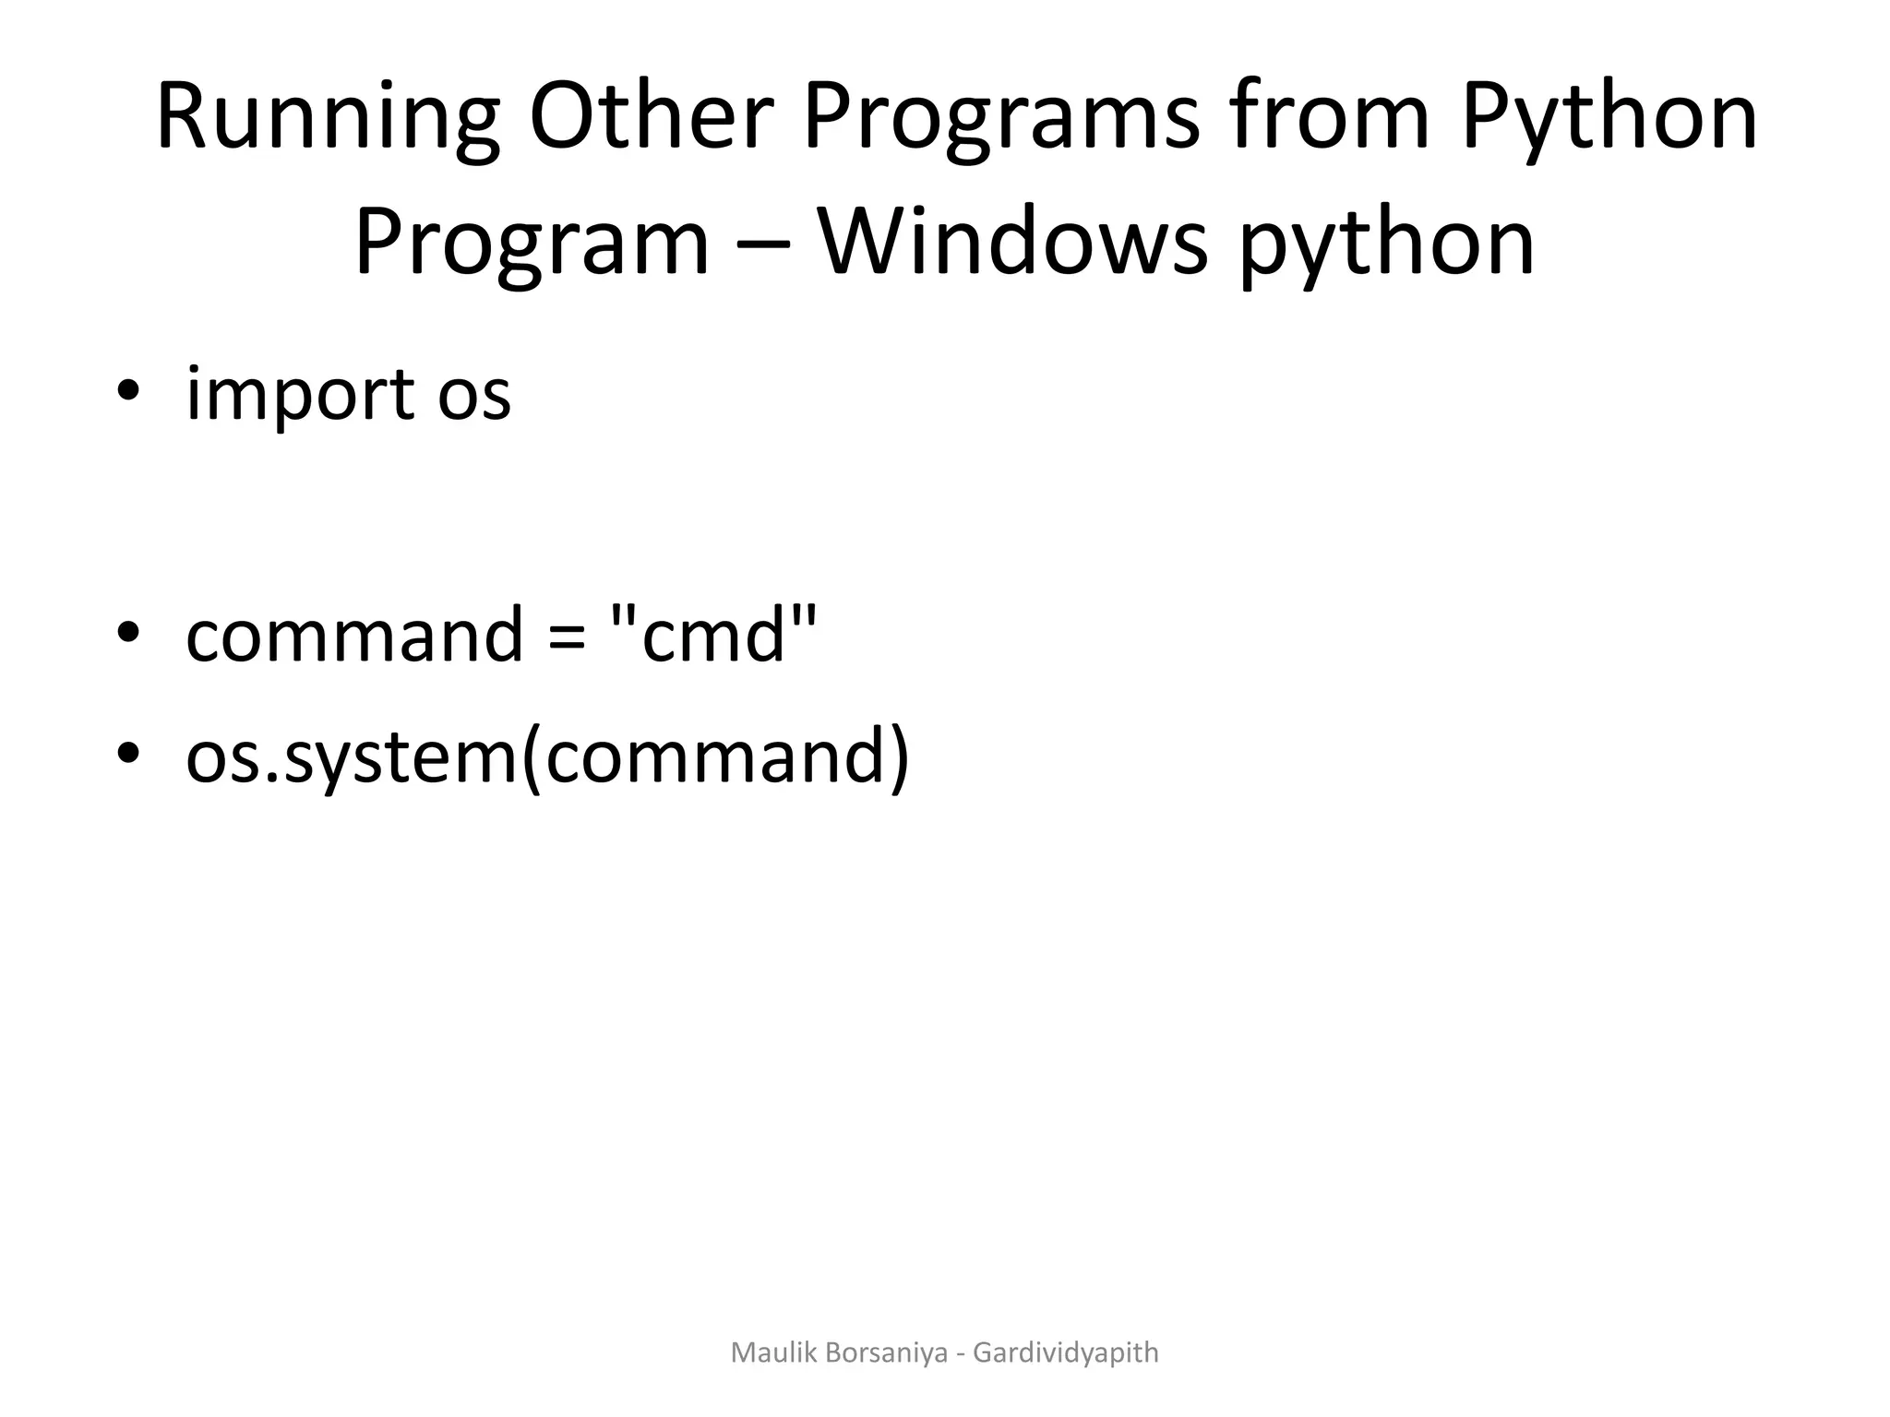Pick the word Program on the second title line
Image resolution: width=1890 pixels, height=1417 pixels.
pyautogui.click(x=532, y=244)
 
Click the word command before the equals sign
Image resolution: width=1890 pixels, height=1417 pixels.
pyautogui.click(x=354, y=637)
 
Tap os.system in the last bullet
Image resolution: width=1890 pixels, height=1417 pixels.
pyautogui.click(x=351, y=758)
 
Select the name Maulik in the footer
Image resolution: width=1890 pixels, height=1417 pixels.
pyautogui.click(x=769, y=1352)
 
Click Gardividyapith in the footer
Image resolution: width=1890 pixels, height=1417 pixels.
pyautogui.click(x=1066, y=1353)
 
